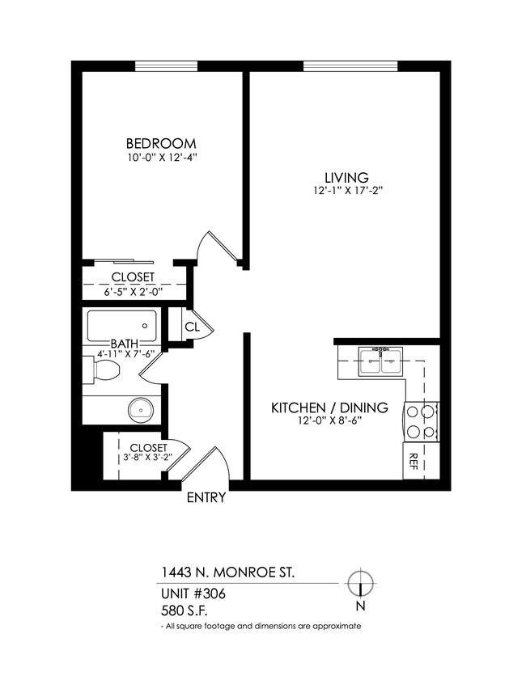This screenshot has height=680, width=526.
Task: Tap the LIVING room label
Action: coord(346,177)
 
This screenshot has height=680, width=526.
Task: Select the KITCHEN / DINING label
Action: coord(329,407)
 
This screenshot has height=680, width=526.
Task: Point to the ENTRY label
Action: coord(206,498)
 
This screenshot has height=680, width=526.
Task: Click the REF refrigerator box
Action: coord(414,461)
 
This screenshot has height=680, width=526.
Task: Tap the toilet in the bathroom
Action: coord(105,371)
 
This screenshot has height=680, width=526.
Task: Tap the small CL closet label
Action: coord(193,327)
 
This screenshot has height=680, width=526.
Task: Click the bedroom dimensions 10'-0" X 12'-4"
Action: coord(160,159)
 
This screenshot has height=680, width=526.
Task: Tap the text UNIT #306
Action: coord(193,593)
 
